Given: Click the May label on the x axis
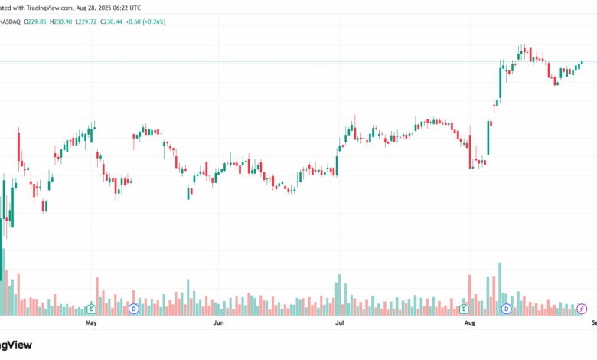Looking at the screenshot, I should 91,323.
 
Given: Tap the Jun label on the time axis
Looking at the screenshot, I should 218,323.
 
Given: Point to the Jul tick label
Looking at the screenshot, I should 339,323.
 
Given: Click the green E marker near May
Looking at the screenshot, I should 91,309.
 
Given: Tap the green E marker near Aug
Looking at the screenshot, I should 464,309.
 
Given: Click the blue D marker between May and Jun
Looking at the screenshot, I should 133,309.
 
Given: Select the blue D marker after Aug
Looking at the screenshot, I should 506,309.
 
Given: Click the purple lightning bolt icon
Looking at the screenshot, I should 582,309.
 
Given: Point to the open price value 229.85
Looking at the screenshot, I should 37,21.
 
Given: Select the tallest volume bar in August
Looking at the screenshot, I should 500,288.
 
